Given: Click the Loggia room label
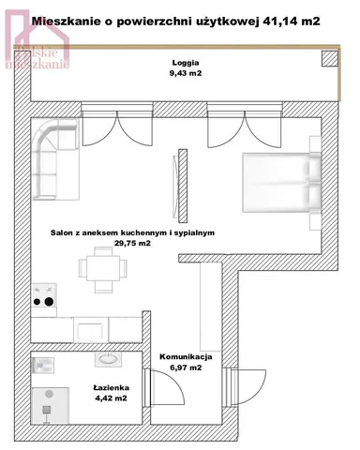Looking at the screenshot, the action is pyautogui.click(x=186, y=63).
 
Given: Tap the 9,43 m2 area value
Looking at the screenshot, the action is pyautogui.click(x=186, y=73).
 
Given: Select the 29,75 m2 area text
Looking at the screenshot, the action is pyautogui.click(x=132, y=243).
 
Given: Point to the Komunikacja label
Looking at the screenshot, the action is pyautogui.click(x=186, y=357).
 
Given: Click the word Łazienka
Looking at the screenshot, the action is pyautogui.click(x=112, y=388).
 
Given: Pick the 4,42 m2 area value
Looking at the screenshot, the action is pyautogui.click(x=112, y=398).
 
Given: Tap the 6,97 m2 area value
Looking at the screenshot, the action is pyautogui.click(x=186, y=367).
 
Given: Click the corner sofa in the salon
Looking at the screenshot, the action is pyautogui.click(x=55, y=159).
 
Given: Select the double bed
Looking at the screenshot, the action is pyautogui.click(x=281, y=183).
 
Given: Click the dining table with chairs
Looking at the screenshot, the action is pyautogui.click(x=103, y=270).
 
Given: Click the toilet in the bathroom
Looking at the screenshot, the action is pyautogui.click(x=43, y=365).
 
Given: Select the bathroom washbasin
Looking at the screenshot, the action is pyautogui.click(x=108, y=359).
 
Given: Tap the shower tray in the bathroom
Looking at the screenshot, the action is pyautogui.click(x=51, y=406).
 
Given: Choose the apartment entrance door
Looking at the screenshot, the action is pyautogui.click(x=248, y=387).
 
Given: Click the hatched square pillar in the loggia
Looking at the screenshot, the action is pyautogui.click(x=330, y=59).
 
